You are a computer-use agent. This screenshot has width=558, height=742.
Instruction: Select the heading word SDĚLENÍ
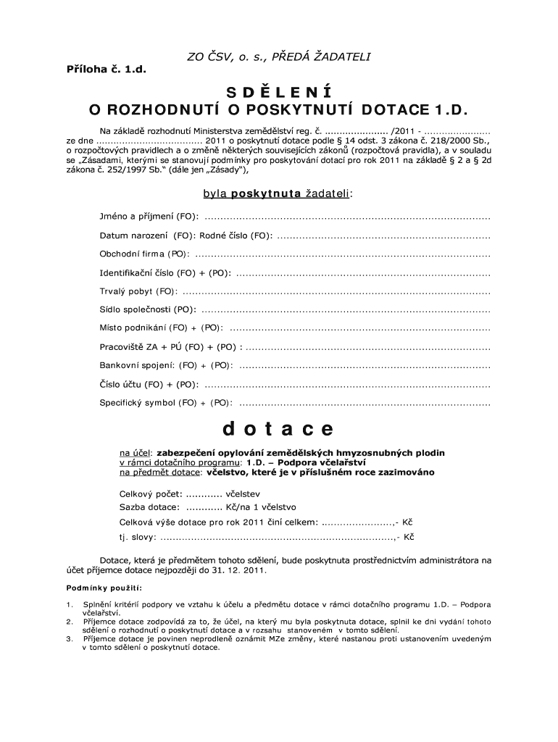[278, 92]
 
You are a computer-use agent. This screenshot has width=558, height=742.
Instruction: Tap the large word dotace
[278, 429]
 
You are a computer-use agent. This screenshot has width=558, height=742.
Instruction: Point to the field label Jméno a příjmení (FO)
[148, 217]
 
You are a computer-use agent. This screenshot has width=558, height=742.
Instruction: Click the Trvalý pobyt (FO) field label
[138, 291]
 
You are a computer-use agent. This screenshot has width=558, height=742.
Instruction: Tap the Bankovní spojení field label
[136, 365]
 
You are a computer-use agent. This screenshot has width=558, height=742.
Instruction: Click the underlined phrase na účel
[136, 452]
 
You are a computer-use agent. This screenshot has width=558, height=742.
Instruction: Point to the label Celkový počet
[145, 493]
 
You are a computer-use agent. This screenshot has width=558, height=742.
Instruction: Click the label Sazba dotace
[142, 507]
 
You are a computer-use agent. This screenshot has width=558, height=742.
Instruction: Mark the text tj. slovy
[136, 538]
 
